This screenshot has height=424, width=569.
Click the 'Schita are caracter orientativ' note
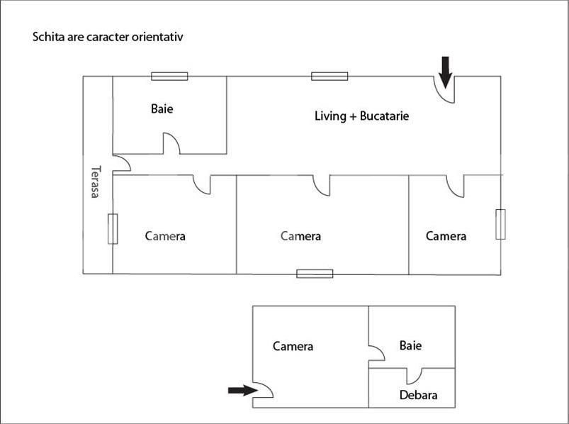pos(108,37)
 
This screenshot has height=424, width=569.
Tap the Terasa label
pos(96,182)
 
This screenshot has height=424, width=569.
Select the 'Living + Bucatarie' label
pos(362,116)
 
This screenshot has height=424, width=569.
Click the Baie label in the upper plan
pos(162,108)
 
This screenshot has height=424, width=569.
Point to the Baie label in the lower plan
pos(410,345)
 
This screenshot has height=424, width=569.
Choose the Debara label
pos(418,395)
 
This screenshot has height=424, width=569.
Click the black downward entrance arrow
pos(445,72)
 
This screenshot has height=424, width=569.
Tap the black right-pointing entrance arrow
pos(243,390)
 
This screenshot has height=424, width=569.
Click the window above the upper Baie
pos(169,77)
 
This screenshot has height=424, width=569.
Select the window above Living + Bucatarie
pos(329,77)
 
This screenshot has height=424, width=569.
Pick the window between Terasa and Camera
pos(113,229)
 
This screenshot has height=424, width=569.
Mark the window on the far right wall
pos(501,224)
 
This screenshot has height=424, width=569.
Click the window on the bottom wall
pos(315,274)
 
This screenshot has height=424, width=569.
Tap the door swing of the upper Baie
pos(171,143)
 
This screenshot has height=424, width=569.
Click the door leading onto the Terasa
pos(122,163)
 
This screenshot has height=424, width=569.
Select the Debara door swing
pos(414,376)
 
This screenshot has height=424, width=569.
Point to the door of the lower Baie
pos(377,353)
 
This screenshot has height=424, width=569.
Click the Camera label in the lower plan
pos(293,346)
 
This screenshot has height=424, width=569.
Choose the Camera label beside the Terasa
pos(165,236)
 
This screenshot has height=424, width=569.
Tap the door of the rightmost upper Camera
pos(455,186)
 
